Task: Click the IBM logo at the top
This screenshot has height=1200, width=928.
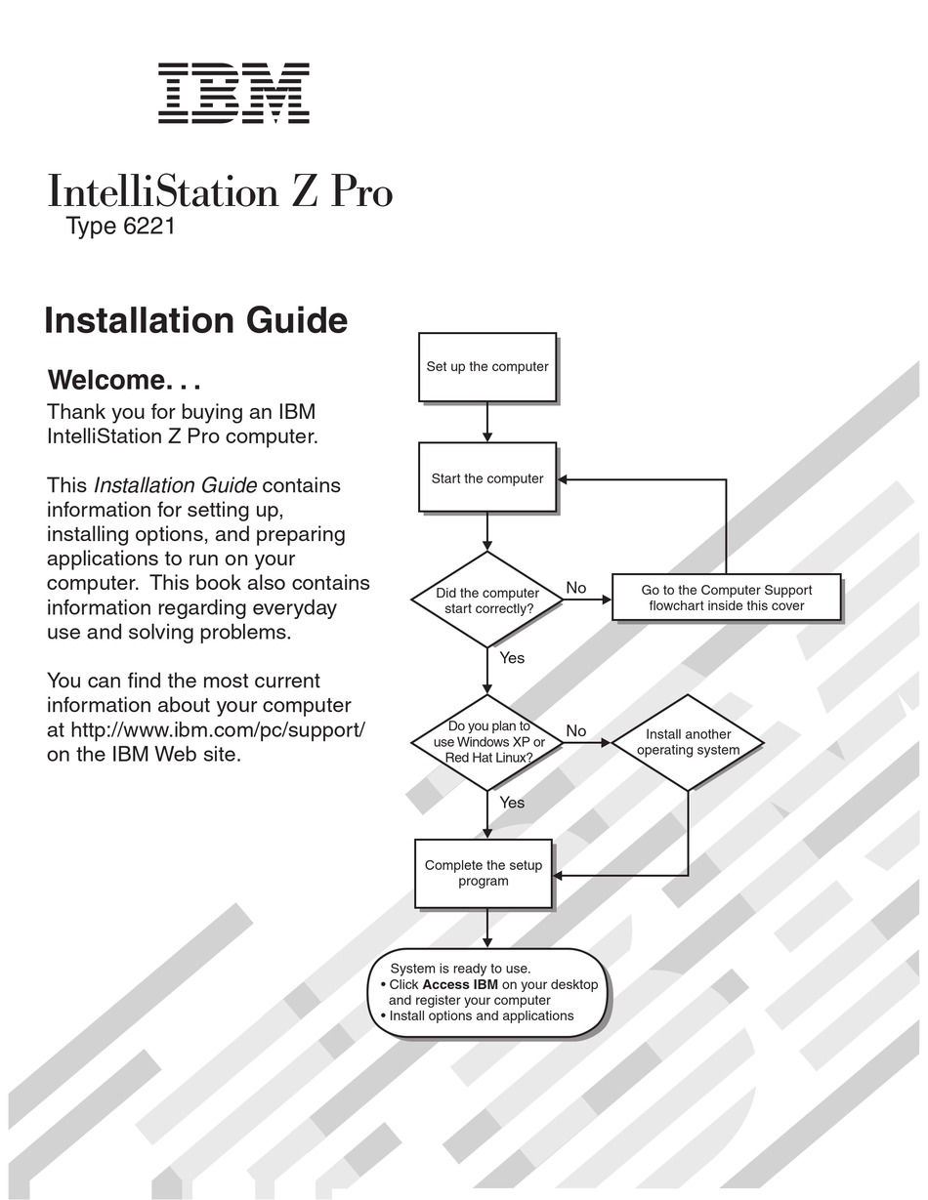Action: tap(233, 93)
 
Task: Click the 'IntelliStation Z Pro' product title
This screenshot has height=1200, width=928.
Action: tap(220, 190)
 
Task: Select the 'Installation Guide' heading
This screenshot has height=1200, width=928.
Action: tap(195, 321)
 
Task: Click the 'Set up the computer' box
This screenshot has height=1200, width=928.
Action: tap(487, 367)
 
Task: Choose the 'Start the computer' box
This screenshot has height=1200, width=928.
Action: tap(487, 477)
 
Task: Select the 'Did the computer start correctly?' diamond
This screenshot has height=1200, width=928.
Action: tap(487, 600)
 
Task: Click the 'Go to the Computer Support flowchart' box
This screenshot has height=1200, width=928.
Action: tap(726, 598)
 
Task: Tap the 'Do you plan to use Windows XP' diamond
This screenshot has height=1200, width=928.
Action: tap(487, 742)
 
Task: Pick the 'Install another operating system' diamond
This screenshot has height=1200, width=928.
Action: tap(688, 742)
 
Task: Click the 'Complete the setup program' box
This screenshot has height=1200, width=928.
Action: tap(484, 873)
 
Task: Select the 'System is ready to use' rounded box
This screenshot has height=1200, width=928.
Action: tap(487, 992)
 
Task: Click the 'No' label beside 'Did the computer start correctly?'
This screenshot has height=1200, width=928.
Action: tap(576, 588)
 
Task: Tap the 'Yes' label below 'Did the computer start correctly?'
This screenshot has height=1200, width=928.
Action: tap(512, 658)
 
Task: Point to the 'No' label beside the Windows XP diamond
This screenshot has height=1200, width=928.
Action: tap(576, 730)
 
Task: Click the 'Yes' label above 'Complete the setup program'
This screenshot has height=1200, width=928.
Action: tap(512, 803)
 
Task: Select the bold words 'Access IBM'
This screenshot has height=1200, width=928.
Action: tap(460, 984)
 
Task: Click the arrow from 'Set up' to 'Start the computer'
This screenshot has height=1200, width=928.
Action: tap(487, 422)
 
